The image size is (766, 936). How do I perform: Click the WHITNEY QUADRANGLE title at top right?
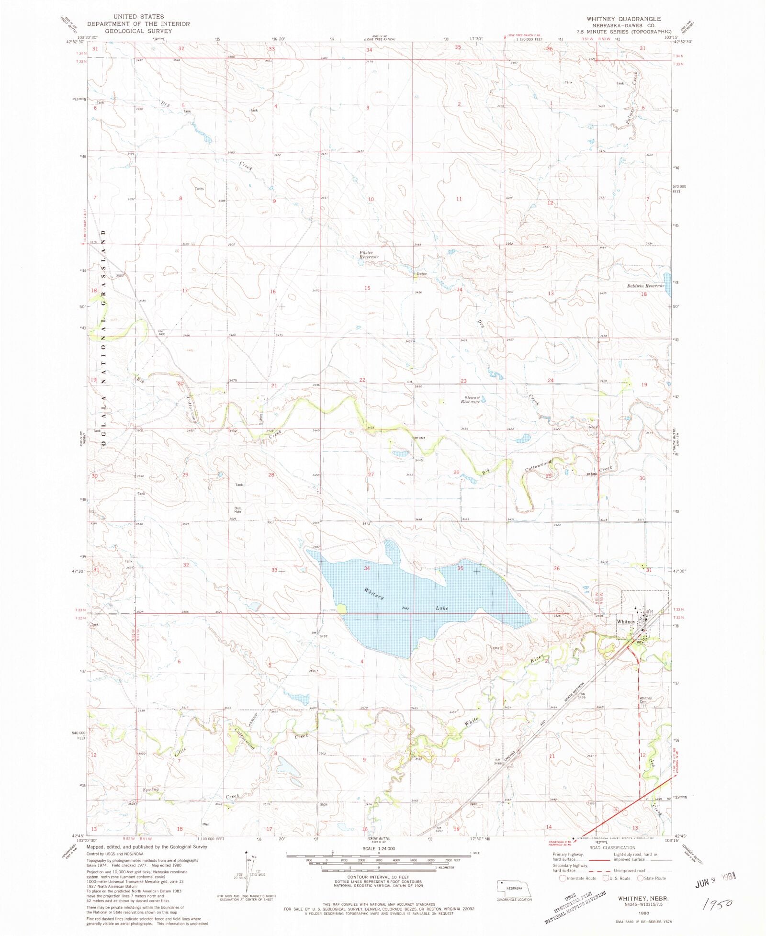623,19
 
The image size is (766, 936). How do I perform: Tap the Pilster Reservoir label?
369,255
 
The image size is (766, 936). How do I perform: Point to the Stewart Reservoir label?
470,400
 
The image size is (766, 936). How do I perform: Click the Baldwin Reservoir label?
645,286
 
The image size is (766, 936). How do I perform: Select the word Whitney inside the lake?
374,594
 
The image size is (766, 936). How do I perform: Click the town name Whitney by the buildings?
626,621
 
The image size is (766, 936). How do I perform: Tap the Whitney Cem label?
645,699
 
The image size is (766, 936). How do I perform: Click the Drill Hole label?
237,510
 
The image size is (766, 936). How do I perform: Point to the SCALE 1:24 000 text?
379,848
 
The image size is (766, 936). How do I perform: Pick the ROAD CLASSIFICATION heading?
612,847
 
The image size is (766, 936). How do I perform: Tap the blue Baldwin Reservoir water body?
667,278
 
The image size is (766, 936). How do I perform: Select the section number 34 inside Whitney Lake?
367,568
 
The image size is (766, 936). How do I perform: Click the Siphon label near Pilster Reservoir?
421,274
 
